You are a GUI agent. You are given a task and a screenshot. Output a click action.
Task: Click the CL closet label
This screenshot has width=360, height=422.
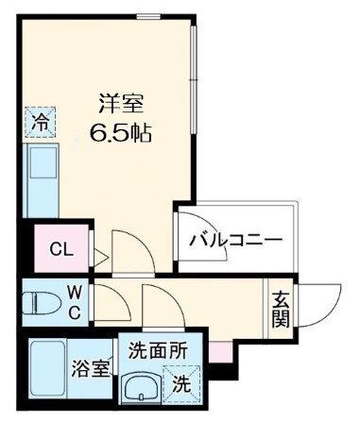pyautogui.click(x=60, y=249)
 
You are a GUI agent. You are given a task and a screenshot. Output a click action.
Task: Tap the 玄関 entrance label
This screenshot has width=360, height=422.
pyautogui.click(x=281, y=310)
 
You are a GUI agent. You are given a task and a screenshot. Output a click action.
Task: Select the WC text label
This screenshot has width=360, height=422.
pyautogui.click(x=73, y=303)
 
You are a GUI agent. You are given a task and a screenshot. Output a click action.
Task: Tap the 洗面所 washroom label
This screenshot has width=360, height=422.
pyautogui.click(x=157, y=349)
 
